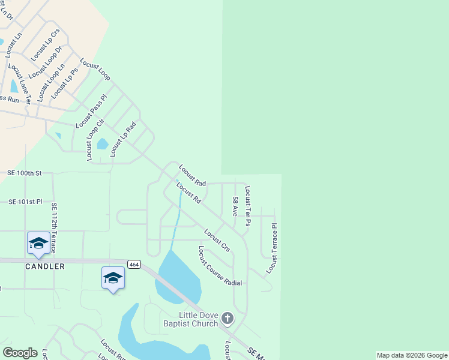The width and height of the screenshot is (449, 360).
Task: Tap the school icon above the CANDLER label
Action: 38,243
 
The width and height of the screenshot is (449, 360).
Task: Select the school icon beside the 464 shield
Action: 113,277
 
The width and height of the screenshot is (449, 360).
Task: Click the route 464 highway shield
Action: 134,265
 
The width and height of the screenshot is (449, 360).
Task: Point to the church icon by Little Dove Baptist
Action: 227,317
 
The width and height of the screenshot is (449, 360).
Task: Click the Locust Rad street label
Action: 192,175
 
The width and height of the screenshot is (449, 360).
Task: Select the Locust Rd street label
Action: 188,193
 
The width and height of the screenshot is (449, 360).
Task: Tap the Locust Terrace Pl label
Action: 274,249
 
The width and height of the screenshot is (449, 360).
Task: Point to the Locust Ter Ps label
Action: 247,206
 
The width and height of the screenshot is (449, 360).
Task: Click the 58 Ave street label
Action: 236,206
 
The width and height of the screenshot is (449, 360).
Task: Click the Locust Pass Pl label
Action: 91,111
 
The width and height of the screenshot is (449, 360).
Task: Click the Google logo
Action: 20,353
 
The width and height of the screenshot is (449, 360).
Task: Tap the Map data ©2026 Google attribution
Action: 412,355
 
